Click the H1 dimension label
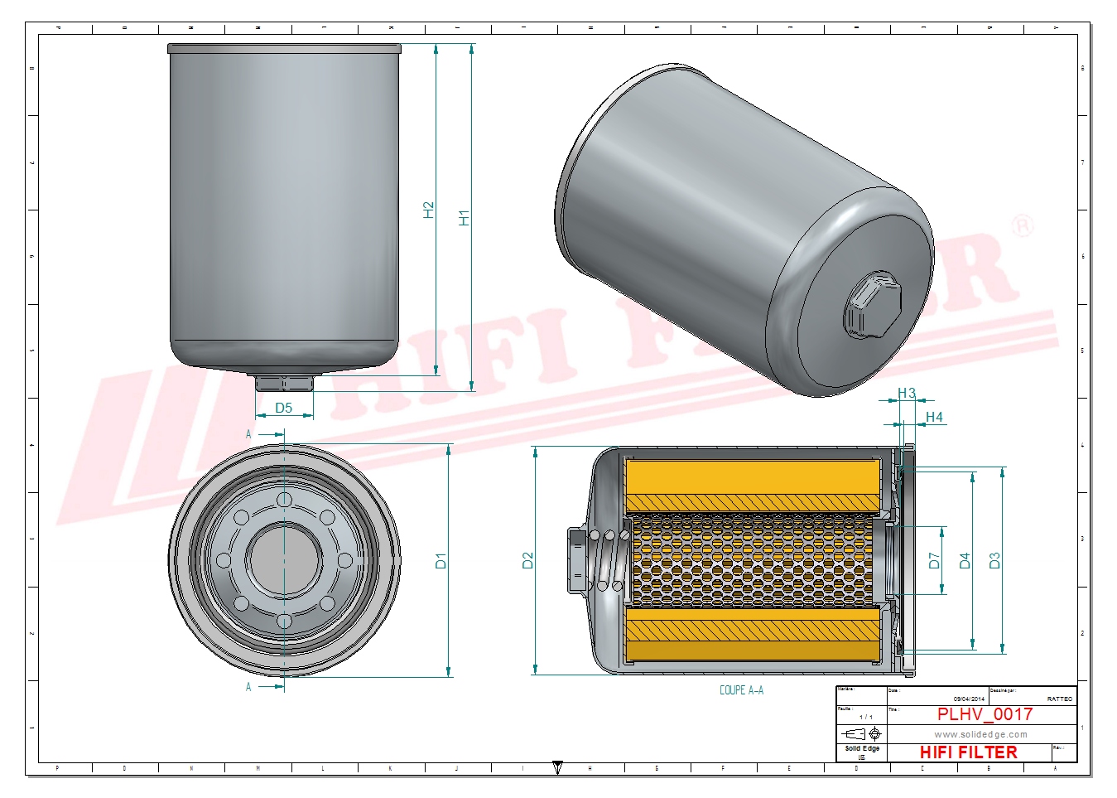(x=465, y=218)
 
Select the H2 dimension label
(x=429, y=210)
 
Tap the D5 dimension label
(x=284, y=408)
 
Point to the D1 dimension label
(x=441, y=561)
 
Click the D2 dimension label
(x=528, y=561)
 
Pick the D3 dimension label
(x=994, y=561)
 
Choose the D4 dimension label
(x=965, y=561)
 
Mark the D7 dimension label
(x=935, y=561)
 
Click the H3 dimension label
(x=907, y=394)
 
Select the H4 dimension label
(x=934, y=417)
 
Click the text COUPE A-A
(x=741, y=689)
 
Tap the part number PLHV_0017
(x=985, y=714)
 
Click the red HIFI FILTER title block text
(x=968, y=752)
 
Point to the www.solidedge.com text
(x=980, y=734)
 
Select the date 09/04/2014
(x=969, y=699)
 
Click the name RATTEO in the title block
(x=1059, y=699)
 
